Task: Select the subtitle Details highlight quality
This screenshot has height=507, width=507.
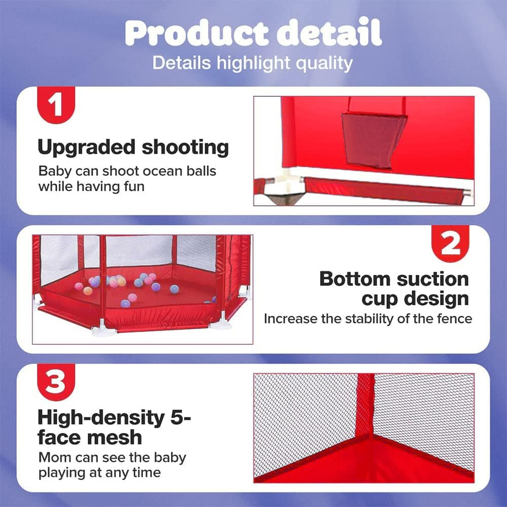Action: (x=252, y=63)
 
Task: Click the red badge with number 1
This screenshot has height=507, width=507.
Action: (x=56, y=105)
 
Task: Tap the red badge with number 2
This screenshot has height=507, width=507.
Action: (x=450, y=243)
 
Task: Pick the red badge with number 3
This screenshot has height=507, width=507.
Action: (x=56, y=382)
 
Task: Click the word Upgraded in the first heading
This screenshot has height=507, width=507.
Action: (x=86, y=148)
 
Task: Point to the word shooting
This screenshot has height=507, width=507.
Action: (x=185, y=148)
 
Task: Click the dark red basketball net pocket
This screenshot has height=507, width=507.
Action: (x=374, y=141)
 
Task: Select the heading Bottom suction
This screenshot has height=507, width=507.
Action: (x=394, y=279)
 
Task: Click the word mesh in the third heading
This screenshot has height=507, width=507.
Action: (x=115, y=438)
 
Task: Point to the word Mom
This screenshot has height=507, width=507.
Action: (x=54, y=457)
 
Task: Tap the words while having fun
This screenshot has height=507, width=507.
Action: (x=91, y=187)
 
